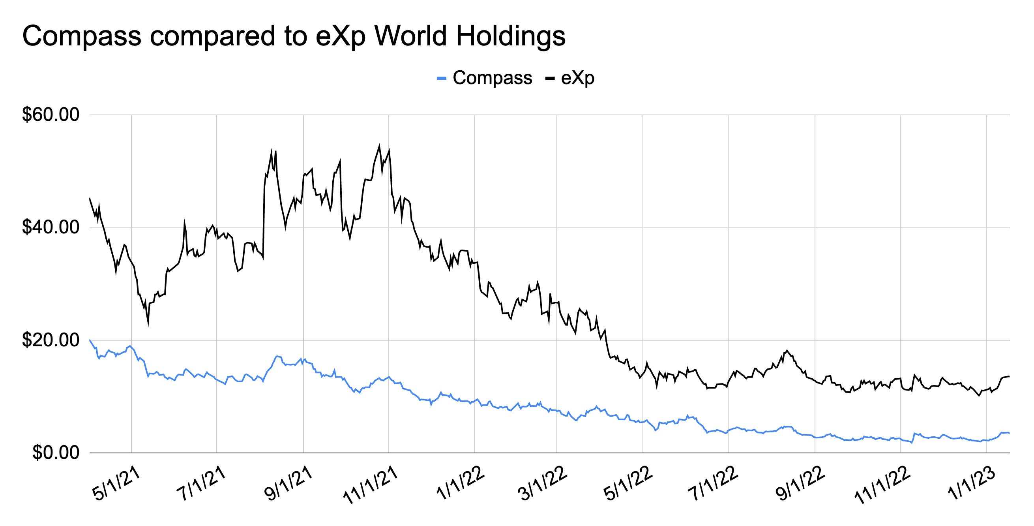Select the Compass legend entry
point(492,78)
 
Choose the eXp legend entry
point(577,78)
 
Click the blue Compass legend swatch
point(441,78)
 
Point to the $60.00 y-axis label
point(51,115)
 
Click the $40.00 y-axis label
point(51,228)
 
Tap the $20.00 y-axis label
point(51,340)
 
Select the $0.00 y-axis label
point(56,453)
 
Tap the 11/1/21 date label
point(371,485)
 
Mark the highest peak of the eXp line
point(379,145)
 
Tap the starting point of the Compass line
point(90,340)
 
